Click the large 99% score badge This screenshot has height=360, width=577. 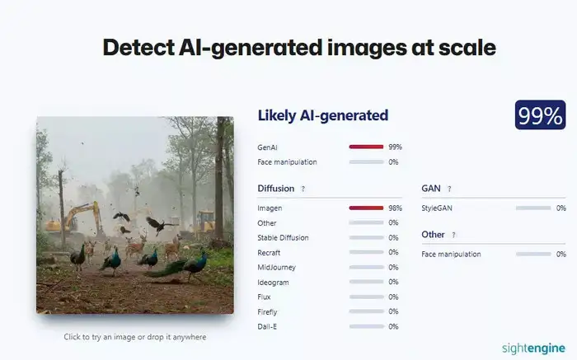[x=540, y=115]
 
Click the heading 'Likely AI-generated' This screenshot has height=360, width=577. [x=322, y=115]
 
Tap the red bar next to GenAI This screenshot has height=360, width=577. [x=366, y=147]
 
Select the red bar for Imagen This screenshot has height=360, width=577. [x=366, y=208]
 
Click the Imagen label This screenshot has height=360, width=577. [x=270, y=208]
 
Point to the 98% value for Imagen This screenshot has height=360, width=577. [x=395, y=208]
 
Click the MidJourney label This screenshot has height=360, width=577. [x=276, y=268]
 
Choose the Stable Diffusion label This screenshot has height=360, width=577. [x=283, y=238]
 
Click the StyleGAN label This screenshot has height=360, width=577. [x=439, y=208]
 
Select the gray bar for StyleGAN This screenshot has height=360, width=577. [x=532, y=208]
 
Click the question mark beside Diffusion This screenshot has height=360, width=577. [x=303, y=189]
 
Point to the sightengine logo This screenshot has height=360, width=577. [x=533, y=347]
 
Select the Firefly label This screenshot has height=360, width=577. [x=269, y=312]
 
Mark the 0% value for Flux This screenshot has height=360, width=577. [x=393, y=297]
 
